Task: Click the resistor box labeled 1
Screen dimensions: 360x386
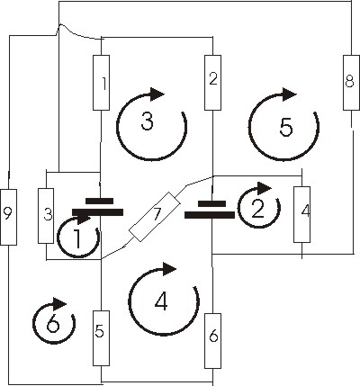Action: click(101, 83)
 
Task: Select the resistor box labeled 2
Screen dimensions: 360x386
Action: click(212, 83)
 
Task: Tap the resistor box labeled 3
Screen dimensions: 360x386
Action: click(46, 216)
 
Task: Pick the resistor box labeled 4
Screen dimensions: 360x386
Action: click(301, 214)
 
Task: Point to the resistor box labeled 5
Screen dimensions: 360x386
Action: click(101, 338)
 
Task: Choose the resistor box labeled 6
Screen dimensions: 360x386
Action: click(212, 341)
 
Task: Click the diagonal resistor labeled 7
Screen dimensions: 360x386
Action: click(155, 217)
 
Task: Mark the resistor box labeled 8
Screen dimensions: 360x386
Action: click(351, 83)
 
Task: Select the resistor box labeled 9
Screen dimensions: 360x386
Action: click(8, 217)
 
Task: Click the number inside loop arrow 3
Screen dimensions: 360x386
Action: click(148, 121)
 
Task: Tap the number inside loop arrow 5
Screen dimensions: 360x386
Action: click(286, 127)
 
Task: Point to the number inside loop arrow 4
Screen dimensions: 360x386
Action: click(161, 301)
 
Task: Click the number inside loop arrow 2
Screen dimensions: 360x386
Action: click(258, 209)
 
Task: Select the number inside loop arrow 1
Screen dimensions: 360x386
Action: click(77, 239)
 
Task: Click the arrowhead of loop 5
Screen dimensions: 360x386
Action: click(290, 94)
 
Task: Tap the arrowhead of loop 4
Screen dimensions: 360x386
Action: click(169, 268)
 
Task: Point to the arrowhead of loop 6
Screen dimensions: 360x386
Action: click(59, 304)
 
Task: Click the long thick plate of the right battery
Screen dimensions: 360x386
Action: click(210, 215)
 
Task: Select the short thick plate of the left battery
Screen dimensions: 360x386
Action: click(100, 201)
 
